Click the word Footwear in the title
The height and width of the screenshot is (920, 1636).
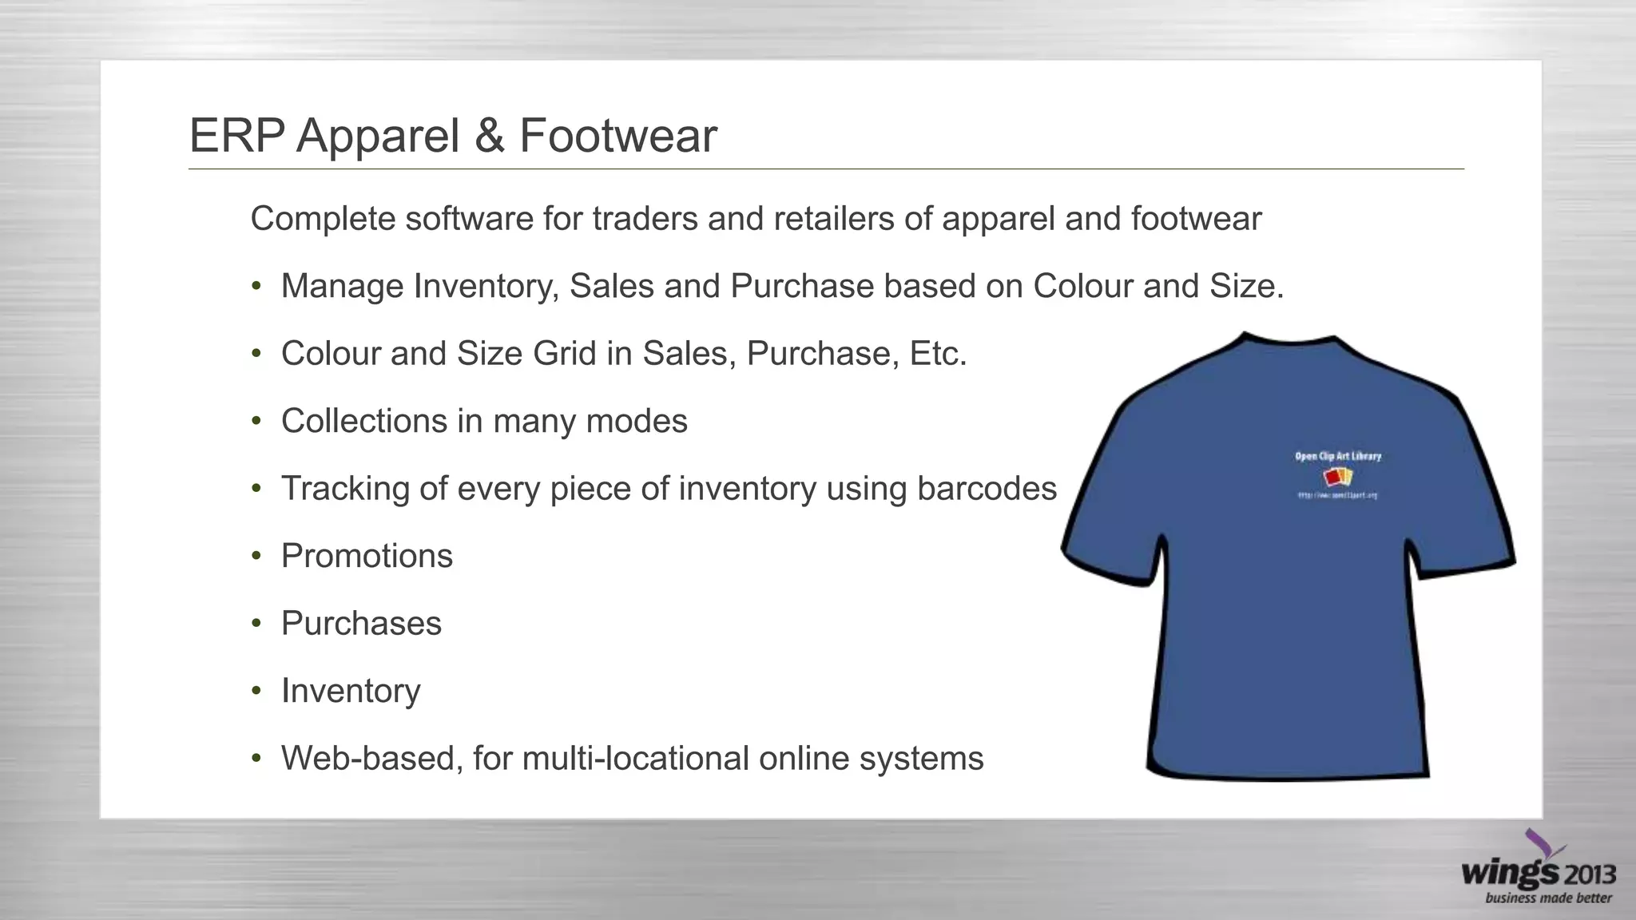pos(618,136)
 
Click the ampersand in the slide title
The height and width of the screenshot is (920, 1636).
pos(489,136)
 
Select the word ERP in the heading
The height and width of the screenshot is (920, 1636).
pos(236,136)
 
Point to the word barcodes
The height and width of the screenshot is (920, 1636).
pos(987,489)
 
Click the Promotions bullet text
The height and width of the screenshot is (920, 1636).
pos(367,556)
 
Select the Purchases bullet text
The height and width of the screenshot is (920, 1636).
pos(361,624)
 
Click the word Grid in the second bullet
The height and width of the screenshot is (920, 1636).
pos(565,354)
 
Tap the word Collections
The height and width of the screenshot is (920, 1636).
pos(363,421)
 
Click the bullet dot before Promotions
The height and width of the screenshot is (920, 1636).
pos(256,556)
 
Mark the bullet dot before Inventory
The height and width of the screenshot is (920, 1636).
pos(256,691)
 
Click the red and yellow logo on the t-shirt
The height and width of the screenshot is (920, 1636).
pos(1338,478)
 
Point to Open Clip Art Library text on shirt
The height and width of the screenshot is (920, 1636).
pos(1338,456)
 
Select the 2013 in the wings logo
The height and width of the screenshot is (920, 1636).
pos(1589,875)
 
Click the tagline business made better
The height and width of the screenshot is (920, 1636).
pos(1548,898)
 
